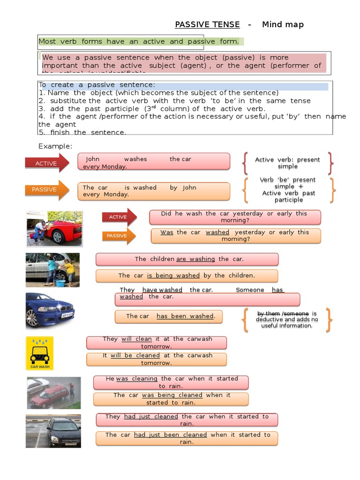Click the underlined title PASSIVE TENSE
pos(207,25)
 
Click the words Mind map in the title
pos(283,25)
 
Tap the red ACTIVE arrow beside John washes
pos(47,163)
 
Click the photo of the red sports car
pos(54,228)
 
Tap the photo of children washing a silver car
pos(52,270)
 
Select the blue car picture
pos(50,310)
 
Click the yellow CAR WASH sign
pos(40,353)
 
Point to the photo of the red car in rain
pos(53,393)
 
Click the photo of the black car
pos(53,431)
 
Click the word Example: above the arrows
pos(55,147)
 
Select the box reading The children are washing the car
pos(187,259)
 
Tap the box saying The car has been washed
pos(169,316)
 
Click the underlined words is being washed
pos(173,276)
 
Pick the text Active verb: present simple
pos(287,163)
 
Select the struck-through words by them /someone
pos(283,314)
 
